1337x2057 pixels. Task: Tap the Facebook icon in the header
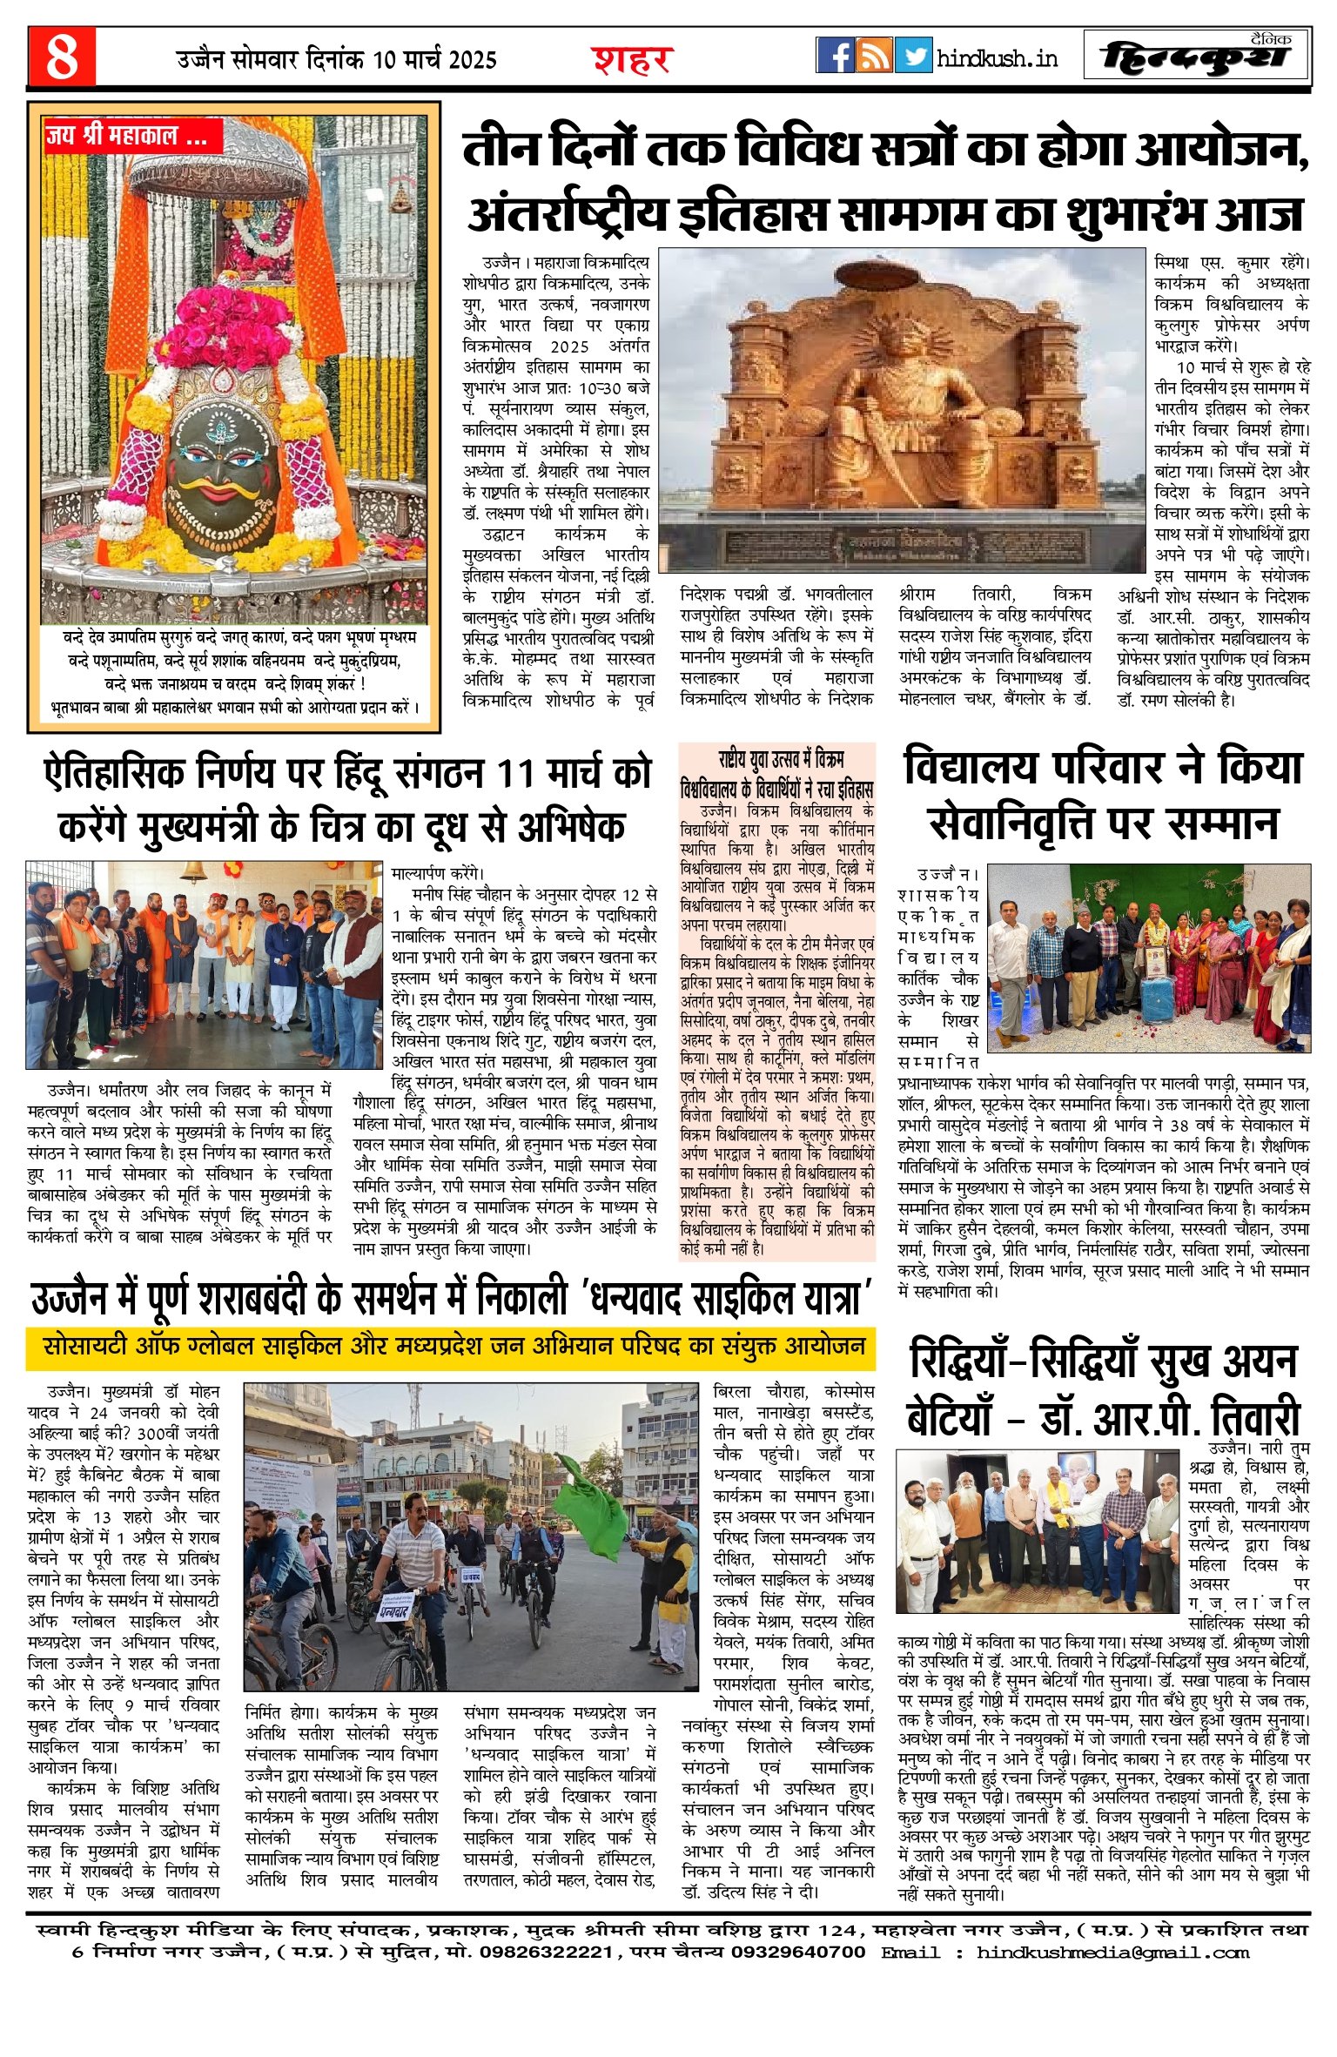point(835,56)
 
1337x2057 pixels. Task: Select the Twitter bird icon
point(913,56)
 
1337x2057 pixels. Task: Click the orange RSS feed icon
point(874,56)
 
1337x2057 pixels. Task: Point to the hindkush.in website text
point(998,58)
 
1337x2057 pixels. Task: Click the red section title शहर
point(633,60)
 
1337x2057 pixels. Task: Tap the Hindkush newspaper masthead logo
point(1196,57)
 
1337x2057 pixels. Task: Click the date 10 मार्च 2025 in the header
point(434,59)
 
